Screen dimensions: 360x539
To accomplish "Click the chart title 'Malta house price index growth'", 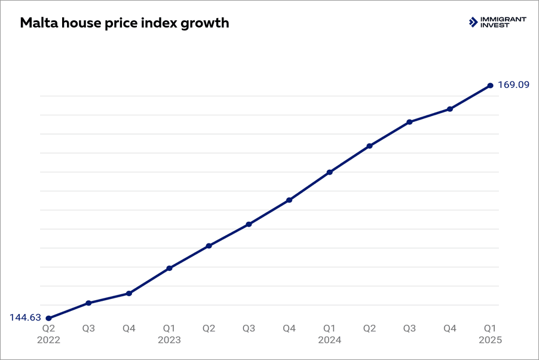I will tap(124, 23).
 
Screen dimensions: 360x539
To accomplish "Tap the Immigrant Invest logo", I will tap(497, 22).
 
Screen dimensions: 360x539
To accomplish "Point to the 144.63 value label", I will tap(25, 318).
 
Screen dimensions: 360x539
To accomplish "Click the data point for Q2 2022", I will tap(48, 318).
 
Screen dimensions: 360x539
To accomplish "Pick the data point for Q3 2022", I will tap(88, 303).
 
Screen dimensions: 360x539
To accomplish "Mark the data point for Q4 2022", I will tap(128, 294).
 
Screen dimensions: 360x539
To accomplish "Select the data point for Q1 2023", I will tap(169, 268).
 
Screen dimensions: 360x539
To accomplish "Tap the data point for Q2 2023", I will tap(209, 246).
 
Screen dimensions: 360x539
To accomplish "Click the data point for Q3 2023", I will tap(249, 224).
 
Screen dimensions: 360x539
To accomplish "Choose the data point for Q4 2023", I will tap(289, 200).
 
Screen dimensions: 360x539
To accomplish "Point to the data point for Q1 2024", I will tap(329, 172).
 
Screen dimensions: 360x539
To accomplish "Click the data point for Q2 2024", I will tap(369, 146).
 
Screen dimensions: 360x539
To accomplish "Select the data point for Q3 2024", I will tap(409, 122).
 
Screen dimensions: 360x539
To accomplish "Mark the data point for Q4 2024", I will tap(450, 109).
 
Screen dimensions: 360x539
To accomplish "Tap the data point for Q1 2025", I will tap(490, 86).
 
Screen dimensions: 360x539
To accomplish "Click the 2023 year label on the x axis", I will tap(169, 340).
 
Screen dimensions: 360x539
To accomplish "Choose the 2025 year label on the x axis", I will tap(490, 340).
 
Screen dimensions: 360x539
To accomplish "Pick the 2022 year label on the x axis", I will tap(48, 340).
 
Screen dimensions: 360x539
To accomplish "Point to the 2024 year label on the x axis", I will tap(329, 340).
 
